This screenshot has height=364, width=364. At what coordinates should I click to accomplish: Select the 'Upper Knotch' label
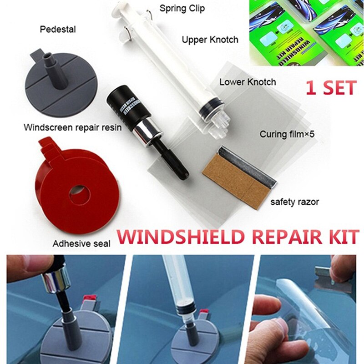click(x=210, y=40)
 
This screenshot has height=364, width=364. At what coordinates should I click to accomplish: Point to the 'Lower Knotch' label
click(x=248, y=82)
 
